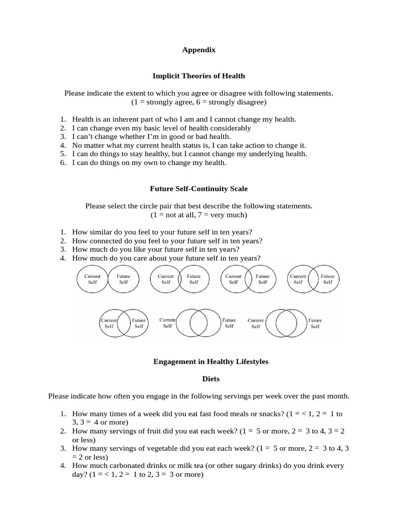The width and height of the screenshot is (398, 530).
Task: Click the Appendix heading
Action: tap(198, 50)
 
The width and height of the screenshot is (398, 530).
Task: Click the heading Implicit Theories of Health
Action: tap(198, 76)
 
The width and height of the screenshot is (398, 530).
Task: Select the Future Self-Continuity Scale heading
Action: tap(198, 188)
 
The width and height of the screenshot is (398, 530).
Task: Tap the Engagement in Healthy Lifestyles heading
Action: tap(210, 362)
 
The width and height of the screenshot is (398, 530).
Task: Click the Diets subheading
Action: tap(210, 379)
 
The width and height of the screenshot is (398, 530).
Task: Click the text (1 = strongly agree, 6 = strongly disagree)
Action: tap(198, 102)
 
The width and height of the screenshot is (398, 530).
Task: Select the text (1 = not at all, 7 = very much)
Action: tap(198, 214)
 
